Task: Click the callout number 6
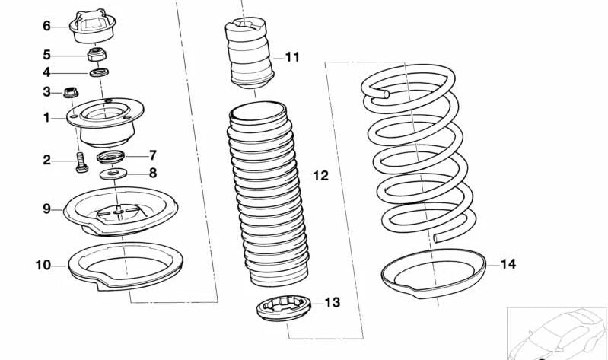coord(46,26)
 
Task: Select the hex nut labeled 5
coord(97,55)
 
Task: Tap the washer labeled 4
coord(97,72)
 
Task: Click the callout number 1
coord(46,118)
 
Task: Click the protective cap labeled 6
coord(91,27)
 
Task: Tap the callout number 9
coord(46,208)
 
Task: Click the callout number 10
coord(43,266)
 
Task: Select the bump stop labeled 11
coord(247,56)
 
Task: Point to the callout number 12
coord(320,176)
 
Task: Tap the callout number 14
coord(508,264)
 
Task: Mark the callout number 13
coord(333,303)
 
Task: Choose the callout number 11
coord(292,57)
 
